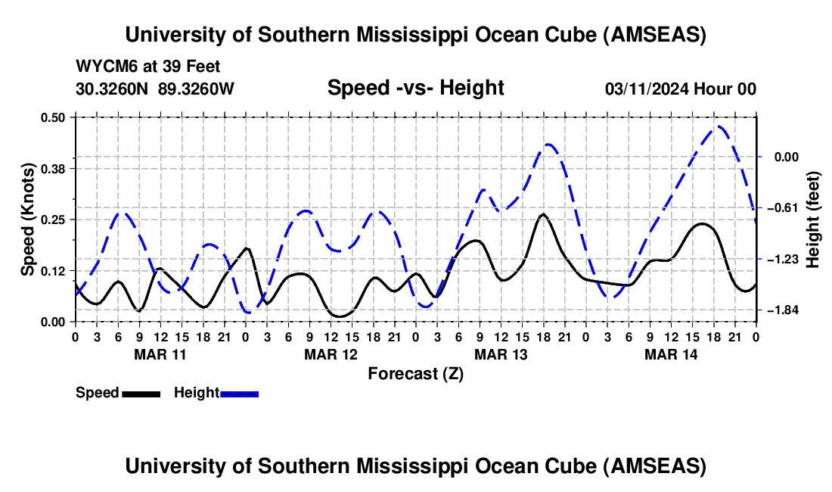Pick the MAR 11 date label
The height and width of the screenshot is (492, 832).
(160, 354)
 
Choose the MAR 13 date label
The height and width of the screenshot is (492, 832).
(500, 354)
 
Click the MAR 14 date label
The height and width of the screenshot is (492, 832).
(670, 354)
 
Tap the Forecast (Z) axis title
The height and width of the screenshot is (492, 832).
(415, 373)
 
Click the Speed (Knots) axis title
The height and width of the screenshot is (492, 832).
(27, 219)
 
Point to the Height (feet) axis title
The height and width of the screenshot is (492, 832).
(813, 219)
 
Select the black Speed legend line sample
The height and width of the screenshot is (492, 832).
(141, 394)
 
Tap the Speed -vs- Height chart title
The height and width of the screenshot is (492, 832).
(415, 89)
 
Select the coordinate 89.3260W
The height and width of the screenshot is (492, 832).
(197, 89)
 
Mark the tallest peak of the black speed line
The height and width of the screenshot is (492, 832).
(542, 214)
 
